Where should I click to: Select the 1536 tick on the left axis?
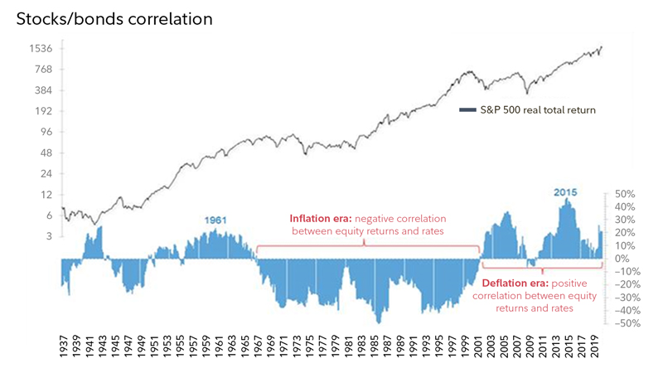click(41, 49)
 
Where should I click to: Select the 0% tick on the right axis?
click(623, 259)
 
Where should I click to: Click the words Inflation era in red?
click(318, 220)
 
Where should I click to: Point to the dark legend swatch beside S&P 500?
click(467, 110)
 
